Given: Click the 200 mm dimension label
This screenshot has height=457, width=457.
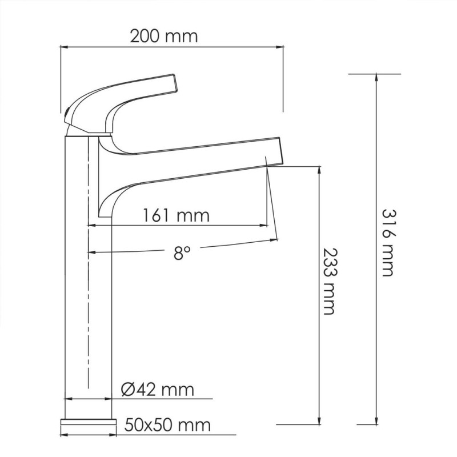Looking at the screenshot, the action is coord(164,37).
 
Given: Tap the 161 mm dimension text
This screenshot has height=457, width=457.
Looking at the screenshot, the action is coord(176,216).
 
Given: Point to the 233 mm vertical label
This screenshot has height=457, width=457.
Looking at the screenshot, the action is coord(330,281).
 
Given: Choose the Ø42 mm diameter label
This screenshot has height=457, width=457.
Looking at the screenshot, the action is coord(158,390).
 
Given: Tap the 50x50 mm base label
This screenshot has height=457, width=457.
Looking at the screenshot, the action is coord(167,425).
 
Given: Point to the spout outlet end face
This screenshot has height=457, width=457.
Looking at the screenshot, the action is coord(280,151).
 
